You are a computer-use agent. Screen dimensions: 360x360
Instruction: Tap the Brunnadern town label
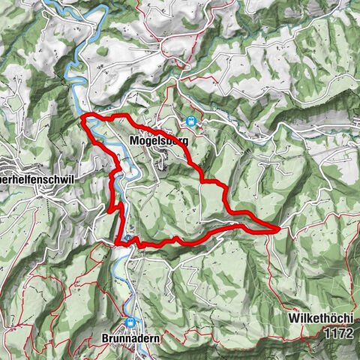(130, 338)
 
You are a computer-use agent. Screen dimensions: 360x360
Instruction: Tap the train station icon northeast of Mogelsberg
(190, 121)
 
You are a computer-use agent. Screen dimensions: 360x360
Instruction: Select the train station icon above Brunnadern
(131, 323)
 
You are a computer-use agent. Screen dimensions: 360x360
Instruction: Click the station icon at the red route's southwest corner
(129, 240)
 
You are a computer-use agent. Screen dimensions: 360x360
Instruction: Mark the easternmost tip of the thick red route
(279, 228)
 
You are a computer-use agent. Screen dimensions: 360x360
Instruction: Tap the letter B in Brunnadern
(105, 338)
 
